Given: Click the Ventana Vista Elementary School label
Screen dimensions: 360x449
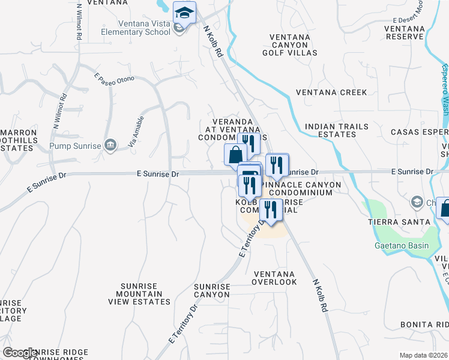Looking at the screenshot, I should click(127, 28).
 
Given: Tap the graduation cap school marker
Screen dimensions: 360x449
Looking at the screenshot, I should click(184, 12).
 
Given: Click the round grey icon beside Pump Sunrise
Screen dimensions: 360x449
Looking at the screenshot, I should click(110, 145).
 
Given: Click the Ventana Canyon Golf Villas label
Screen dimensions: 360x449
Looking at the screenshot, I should click(290, 45).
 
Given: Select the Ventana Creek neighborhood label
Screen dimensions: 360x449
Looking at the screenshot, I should click(331, 92).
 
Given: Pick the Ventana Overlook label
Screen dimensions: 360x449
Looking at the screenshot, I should click(274, 277).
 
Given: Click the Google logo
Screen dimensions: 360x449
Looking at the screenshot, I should click(20, 353).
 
